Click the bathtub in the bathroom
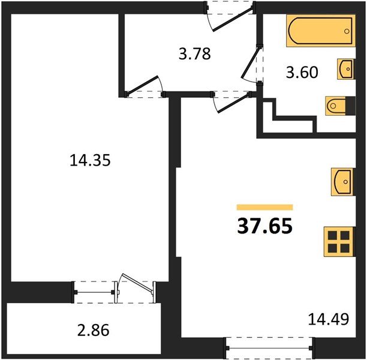pyautogui.click(x=321, y=31)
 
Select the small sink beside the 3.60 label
pyautogui.click(x=346, y=70)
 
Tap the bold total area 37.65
pyautogui.click(x=264, y=227)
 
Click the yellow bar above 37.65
pyautogui.click(x=264, y=206)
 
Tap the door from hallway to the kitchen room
pyautogui.click(x=228, y=101)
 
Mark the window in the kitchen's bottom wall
pyautogui.click(x=269, y=346)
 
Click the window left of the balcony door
pyautogui.click(x=95, y=291)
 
